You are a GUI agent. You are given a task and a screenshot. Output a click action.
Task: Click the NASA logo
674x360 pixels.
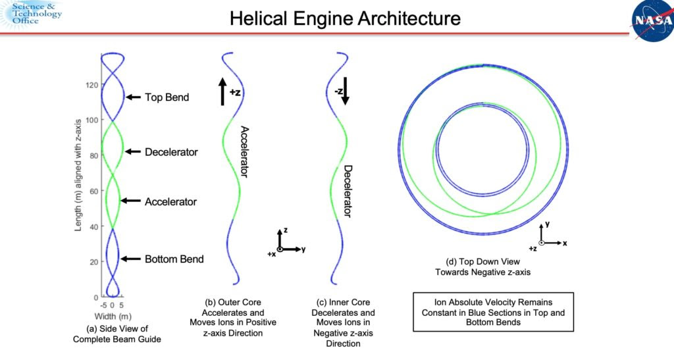pyautogui.click(x=652, y=20)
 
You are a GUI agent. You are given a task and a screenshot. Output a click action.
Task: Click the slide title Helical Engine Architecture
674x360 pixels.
pyautogui.click(x=345, y=18)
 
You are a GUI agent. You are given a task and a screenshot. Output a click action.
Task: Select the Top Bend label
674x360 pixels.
pyautogui.click(x=167, y=97)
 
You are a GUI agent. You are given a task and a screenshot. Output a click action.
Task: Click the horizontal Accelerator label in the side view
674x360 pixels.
pyautogui.click(x=170, y=201)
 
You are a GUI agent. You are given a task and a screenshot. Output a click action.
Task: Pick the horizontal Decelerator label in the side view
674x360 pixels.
pyautogui.click(x=171, y=152)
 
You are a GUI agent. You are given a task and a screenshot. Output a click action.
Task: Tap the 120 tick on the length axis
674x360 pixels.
pyautogui.click(x=92, y=85)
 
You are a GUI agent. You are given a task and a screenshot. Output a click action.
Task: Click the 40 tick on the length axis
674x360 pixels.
pyautogui.click(x=93, y=226)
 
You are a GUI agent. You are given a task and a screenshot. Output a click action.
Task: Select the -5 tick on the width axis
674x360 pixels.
pyautogui.click(x=103, y=305)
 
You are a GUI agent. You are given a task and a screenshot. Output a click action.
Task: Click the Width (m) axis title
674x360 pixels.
pyautogui.click(x=113, y=317)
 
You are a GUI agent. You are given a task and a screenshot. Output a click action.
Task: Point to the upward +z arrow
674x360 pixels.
pyautogui.click(x=222, y=91)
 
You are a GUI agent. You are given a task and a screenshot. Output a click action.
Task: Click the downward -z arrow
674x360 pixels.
pyautogui.click(x=345, y=91)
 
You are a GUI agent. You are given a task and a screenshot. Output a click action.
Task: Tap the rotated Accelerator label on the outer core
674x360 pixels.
pyautogui.click(x=244, y=151)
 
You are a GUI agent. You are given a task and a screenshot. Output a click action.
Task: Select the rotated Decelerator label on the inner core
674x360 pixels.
pyautogui.click(x=348, y=191)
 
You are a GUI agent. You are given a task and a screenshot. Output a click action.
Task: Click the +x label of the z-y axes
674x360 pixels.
pyautogui.click(x=271, y=254)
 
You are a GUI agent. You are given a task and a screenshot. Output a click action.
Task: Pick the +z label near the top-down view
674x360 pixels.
pyautogui.click(x=532, y=248)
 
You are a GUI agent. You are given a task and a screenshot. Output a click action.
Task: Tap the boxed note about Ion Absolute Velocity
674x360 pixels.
pyautogui.click(x=493, y=312)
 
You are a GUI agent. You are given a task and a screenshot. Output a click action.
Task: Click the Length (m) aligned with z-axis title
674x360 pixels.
pyautogui.click(x=78, y=175)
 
